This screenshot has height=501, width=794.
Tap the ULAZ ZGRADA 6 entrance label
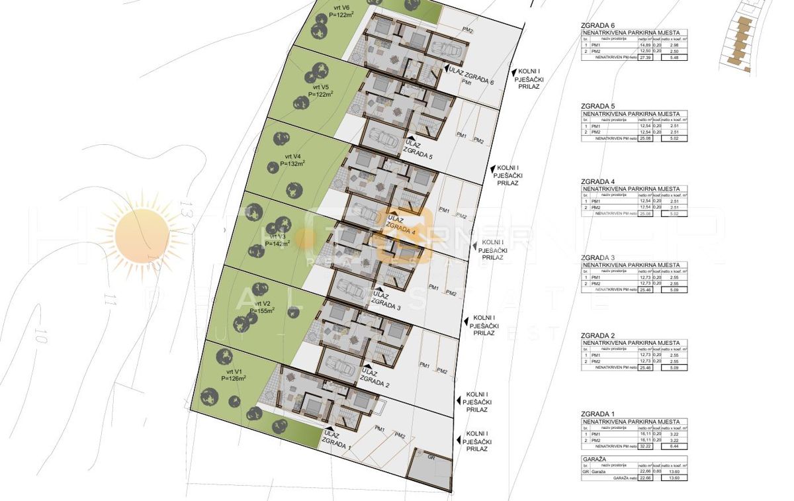[470, 77]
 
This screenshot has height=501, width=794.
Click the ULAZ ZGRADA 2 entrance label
[375, 378]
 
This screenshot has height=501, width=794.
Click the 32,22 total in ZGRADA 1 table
[645, 446]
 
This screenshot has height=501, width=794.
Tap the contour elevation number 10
[42, 335]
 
